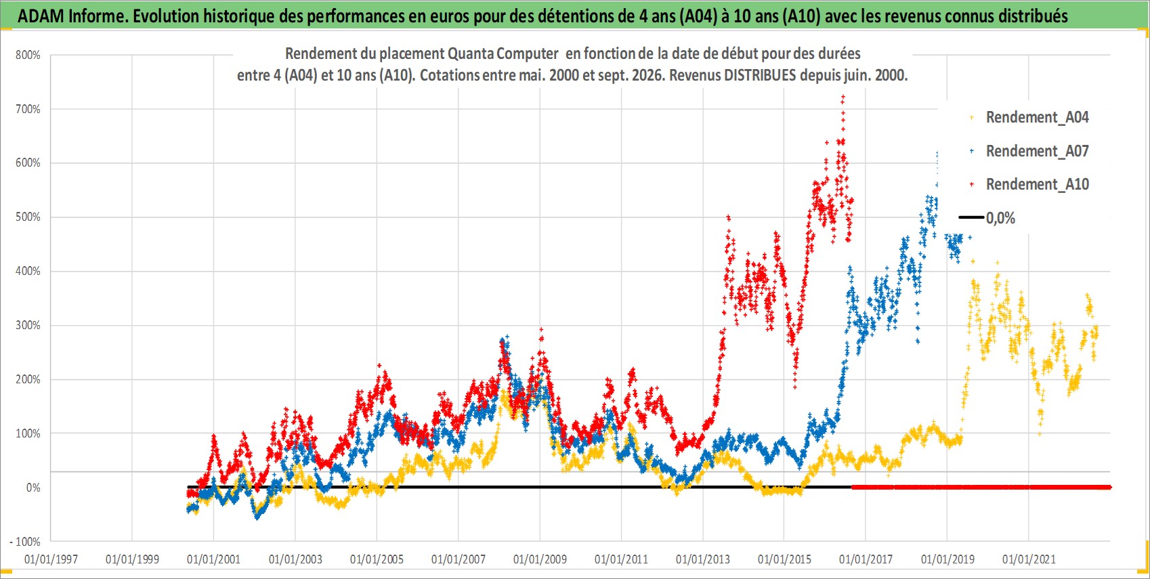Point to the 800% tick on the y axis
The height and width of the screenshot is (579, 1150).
coord(28,55)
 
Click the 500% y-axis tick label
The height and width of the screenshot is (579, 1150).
coord(28,217)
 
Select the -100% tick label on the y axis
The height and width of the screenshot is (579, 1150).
coord(24,542)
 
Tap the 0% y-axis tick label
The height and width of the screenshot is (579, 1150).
coord(33,488)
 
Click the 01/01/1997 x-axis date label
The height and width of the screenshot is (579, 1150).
coord(51,559)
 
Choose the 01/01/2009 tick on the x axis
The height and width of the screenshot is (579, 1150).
coord(540,559)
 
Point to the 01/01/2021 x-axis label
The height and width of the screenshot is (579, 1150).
coord(1029,559)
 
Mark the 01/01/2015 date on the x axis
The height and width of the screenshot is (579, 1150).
coord(784,559)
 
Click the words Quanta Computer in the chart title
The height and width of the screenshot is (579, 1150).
coord(503,54)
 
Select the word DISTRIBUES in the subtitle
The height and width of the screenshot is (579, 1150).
coord(760,75)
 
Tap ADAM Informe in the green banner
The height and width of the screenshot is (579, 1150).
coord(72,16)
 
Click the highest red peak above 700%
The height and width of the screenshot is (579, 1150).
coord(843,96)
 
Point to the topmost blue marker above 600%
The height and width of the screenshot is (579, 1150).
coord(937,153)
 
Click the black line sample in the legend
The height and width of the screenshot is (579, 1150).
coord(971,217)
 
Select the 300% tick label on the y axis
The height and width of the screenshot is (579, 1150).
coord(28,326)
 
